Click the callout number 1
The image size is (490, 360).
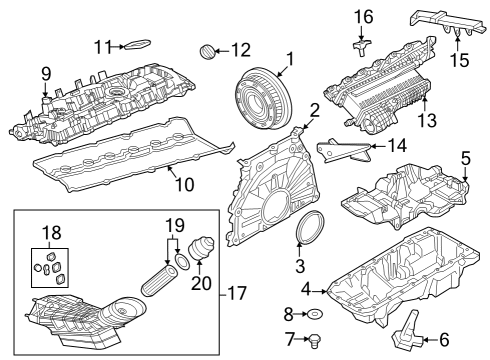[290, 61]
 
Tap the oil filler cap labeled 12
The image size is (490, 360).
[208, 49]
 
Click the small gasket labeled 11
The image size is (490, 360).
[137, 44]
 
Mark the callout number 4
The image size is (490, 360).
[305, 290]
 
